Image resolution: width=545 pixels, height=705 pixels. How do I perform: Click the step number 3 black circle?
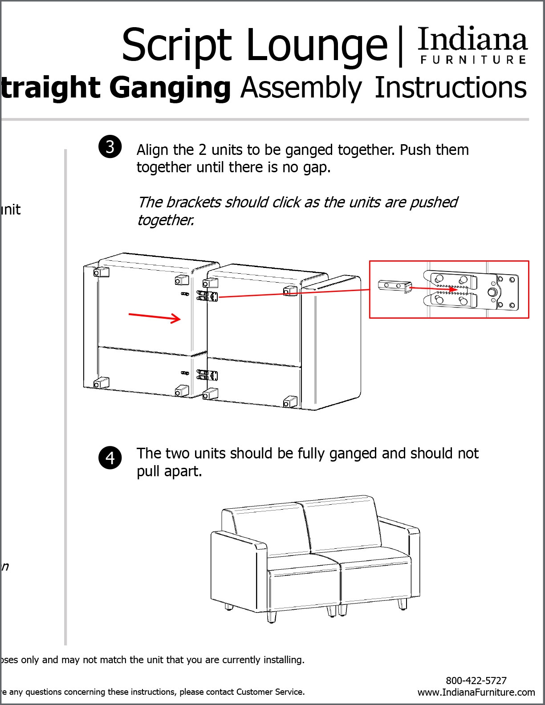pyautogui.click(x=110, y=146)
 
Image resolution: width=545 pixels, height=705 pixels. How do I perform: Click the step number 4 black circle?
pyautogui.click(x=110, y=458)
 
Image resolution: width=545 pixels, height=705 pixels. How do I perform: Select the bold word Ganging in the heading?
pyautogui.click(x=170, y=87)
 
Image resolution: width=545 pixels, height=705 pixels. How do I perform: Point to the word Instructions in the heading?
pyautogui.click(x=451, y=87)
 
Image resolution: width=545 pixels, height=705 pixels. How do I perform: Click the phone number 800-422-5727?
pyautogui.click(x=476, y=681)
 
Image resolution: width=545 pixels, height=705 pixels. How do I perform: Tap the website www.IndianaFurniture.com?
pyautogui.click(x=476, y=692)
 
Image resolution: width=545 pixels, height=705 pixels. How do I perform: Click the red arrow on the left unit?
pyautogui.click(x=155, y=317)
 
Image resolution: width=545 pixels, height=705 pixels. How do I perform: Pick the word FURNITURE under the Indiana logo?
pyautogui.click(x=473, y=60)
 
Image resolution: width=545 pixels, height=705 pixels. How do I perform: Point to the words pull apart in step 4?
pyautogui.click(x=169, y=471)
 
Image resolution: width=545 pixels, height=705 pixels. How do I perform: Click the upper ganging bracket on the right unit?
pyautogui.click(x=208, y=295)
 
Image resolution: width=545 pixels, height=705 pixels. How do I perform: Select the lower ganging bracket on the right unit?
pyautogui.click(x=207, y=375)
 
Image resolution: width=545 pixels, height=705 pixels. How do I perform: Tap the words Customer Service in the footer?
pyautogui.click(x=270, y=692)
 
